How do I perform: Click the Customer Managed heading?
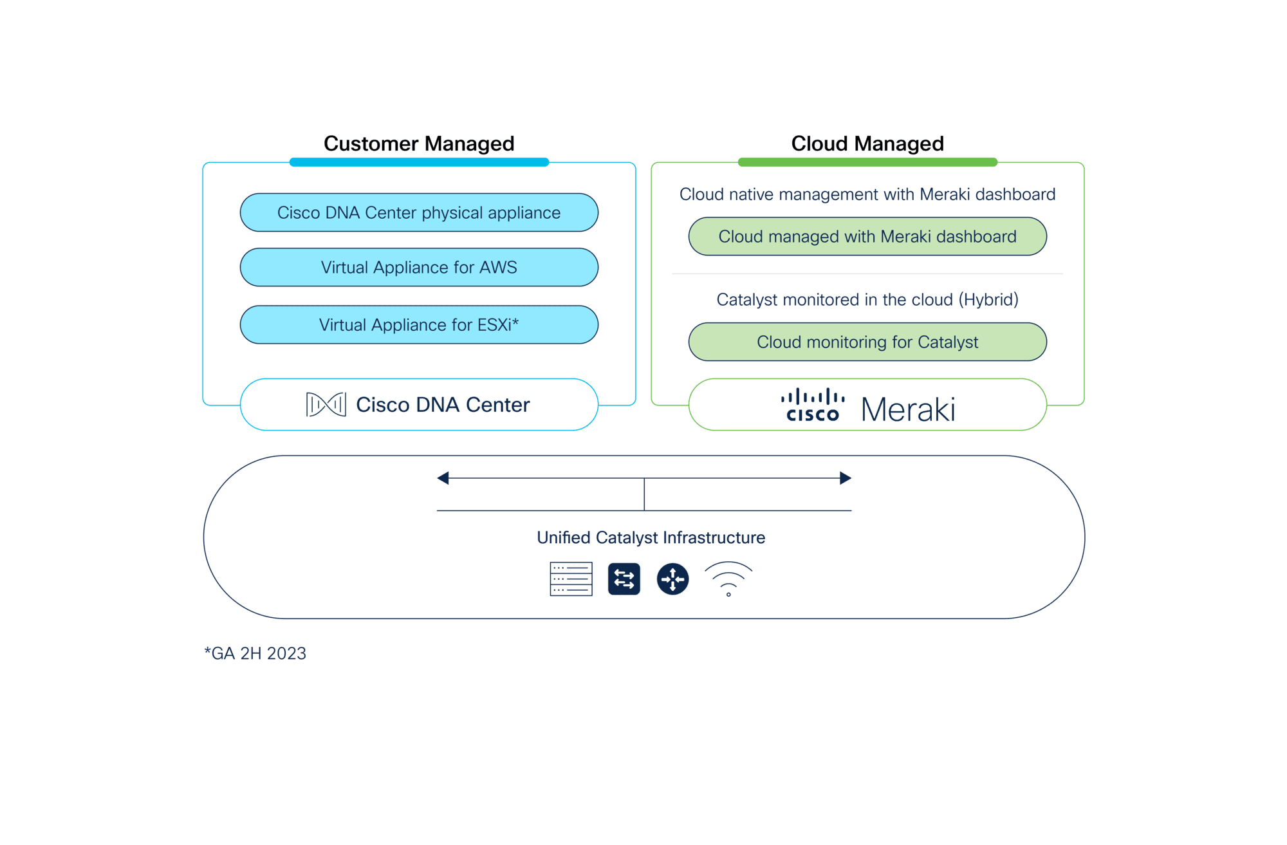pyautogui.click(x=419, y=144)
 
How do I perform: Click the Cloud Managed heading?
pyautogui.click(x=867, y=144)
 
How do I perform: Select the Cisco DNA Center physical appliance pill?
pyautogui.click(x=419, y=212)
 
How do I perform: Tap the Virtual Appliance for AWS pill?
pyautogui.click(x=419, y=267)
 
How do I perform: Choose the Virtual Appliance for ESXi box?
pyautogui.click(x=419, y=324)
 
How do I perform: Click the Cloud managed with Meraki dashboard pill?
pyautogui.click(x=867, y=236)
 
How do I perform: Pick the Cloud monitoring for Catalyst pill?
pyautogui.click(x=867, y=342)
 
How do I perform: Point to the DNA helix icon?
pyautogui.click(x=326, y=404)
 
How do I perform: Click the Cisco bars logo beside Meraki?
pyautogui.click(x=813, y=405)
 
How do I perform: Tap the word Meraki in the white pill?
pyautogui.click(x=908, y=409)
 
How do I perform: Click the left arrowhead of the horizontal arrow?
pyautogui.click(x=443, y=478)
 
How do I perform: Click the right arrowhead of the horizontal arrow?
pyautogui.click(x=846, y=478)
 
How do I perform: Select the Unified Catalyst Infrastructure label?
pyautogui.click(x=651, y=537)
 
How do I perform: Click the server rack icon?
pyautogui.click(x=571, y=579)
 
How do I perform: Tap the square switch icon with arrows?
pyautogui.click(x=624, y=579)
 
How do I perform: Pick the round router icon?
pyautogui.click(x=672, y=579)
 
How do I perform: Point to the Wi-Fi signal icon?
pyautogui.click(x=728, y=579)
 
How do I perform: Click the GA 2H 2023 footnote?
pyautogui.click(x=255, y=653)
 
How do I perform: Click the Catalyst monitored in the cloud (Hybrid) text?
pyautogui.click(x=867, y=299)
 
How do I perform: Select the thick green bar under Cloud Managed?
pyautogui.click(x=867, y=162)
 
